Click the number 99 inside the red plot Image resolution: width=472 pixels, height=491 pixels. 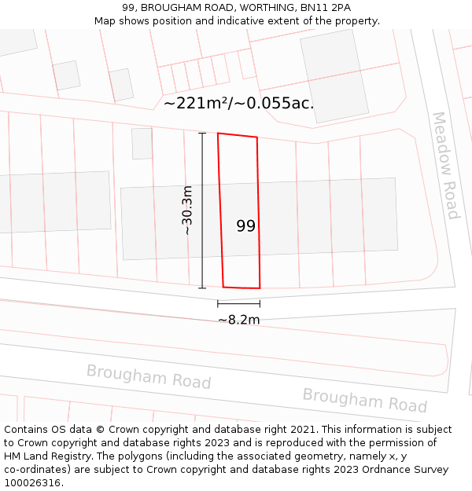pyautogui.click(x=245, y=226)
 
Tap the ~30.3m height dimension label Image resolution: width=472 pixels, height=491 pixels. pyautogui.click(x=187, y=211)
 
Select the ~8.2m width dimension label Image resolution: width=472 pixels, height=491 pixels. pyautogui.click(x=238, y=320)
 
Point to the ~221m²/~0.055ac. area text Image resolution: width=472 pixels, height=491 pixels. pyautogui.click(x=238, y=103)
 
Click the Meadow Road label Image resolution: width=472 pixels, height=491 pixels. pyautogui.click(x=445, y=165)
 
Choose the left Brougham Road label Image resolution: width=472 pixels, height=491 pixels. pyautogui.click(x=149, y=376)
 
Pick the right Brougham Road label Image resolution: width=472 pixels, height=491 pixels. pyautogui.click(x=364, y=400)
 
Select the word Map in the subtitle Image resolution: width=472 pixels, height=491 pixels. pyautogui.click(x=105, y=21)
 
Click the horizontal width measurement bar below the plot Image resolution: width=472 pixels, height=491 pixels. pyautogui.click(x=238, y=303)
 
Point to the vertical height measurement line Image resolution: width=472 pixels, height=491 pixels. pyautogui.click(x=202, y=211)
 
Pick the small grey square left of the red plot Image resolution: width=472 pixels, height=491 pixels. pyautogui.click(x=142, y=144)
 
